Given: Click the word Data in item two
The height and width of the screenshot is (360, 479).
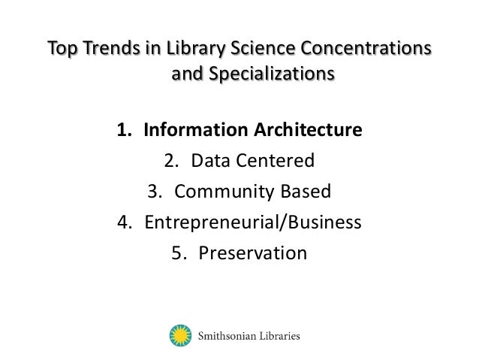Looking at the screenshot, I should (209, 160).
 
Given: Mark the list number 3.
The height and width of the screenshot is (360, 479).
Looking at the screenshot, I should (154, 191).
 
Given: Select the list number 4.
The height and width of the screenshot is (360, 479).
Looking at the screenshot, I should (122, 222).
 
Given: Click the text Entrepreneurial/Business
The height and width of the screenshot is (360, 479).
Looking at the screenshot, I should (253, 222).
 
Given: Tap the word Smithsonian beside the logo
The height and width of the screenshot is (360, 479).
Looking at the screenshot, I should (227, 336).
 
